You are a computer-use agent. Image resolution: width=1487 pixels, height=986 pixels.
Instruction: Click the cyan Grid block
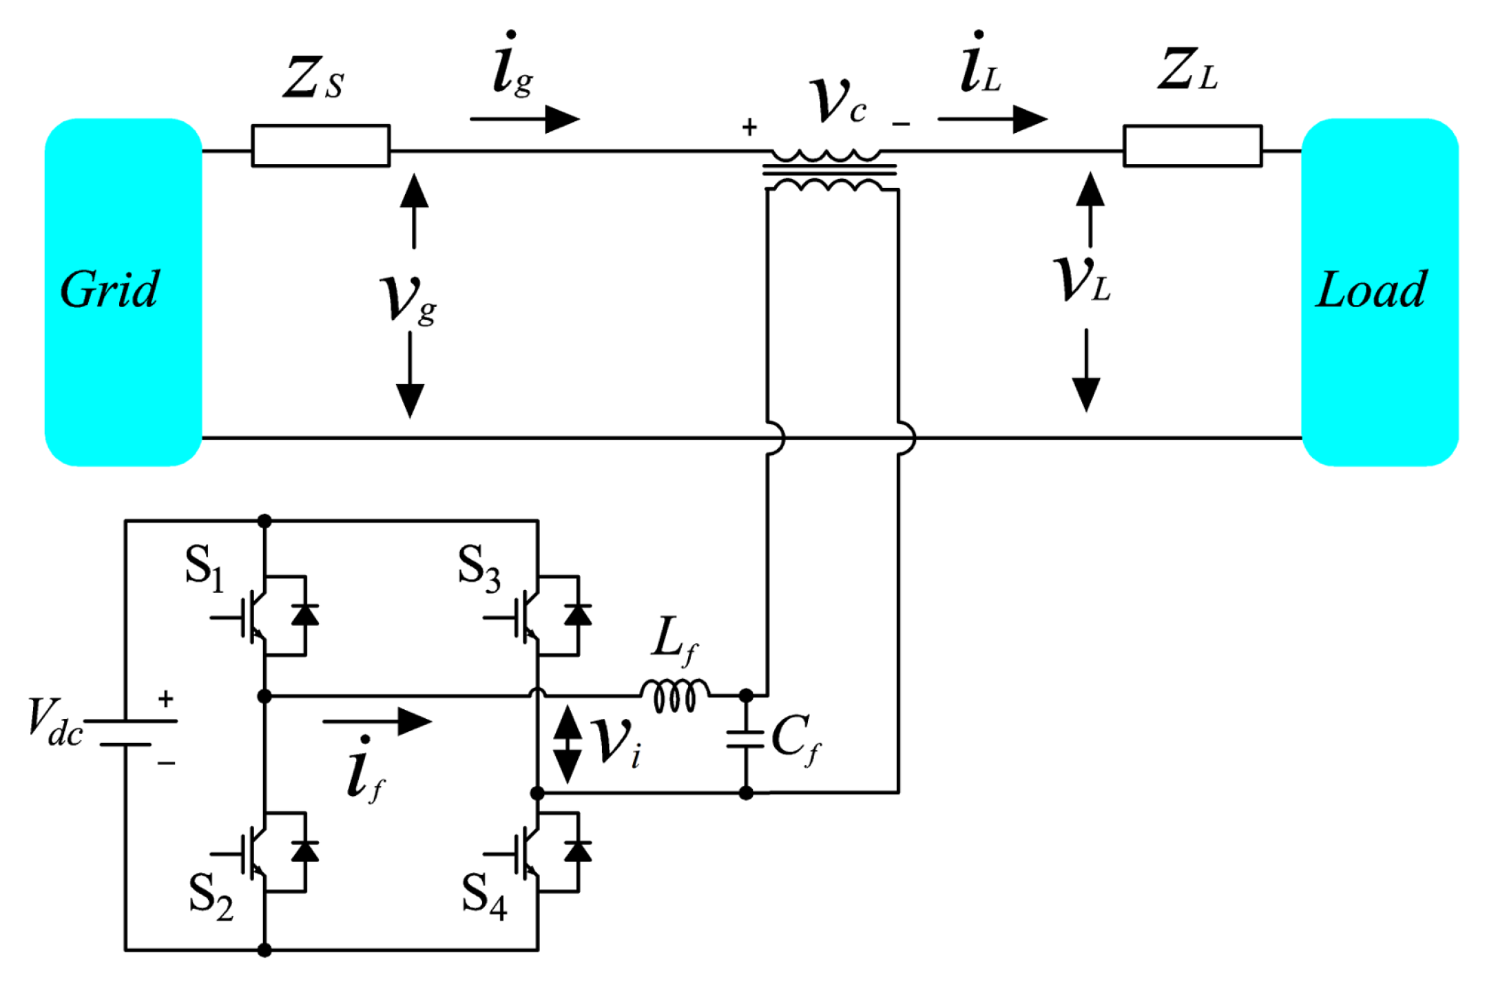(123, 292)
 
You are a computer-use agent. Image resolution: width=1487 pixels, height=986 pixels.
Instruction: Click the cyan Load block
(1379, 292)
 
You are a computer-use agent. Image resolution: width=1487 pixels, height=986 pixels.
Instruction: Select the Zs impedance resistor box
(320, 145)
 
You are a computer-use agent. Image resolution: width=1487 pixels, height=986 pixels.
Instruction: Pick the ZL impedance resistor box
(1192, 145)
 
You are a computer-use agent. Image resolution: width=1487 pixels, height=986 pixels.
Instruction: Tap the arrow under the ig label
(525, 119)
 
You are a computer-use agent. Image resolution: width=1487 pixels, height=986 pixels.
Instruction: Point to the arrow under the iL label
(992, 119)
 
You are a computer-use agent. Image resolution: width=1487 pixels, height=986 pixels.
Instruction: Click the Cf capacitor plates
(745, 739)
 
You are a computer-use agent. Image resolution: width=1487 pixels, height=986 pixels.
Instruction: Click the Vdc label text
(55, 722)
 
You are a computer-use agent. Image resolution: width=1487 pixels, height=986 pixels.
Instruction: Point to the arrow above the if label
(377, 722)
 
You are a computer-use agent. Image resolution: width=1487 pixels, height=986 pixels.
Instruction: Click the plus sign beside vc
(749, 127)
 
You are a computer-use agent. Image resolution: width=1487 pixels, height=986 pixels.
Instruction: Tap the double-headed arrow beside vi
(568, 744)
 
